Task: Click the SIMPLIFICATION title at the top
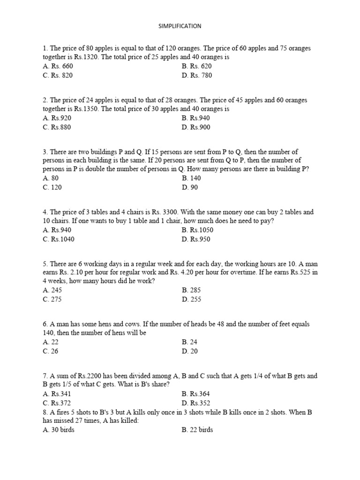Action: coord(180,26)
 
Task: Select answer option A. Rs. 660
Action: coord(58,66)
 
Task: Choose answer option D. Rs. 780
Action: coord(197,75)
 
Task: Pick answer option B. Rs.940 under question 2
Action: coord(196,118)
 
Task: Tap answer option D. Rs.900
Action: coord(196,127)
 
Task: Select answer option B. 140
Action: coord(191,178)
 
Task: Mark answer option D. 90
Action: coord(190,187)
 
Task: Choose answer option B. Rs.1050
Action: coord(197,230)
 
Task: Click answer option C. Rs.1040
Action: coord(59,239)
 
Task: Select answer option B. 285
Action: coord(191,290)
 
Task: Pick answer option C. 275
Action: coord(52,299)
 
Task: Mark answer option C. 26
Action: coord(51,351)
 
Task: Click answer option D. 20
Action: coord(190,351)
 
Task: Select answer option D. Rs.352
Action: coord(196,403)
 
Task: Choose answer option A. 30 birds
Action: coord(59,429)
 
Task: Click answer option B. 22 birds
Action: coord(197,429)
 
